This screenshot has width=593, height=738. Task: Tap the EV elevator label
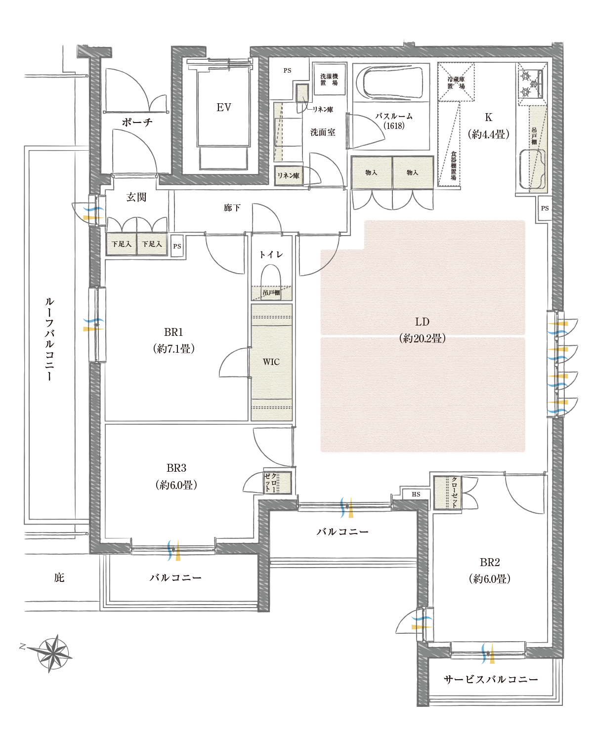224,107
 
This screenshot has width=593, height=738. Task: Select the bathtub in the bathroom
391,82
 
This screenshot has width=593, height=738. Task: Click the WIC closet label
271,362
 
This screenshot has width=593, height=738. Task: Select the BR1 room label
173,332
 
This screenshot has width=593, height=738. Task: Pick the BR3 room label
176,468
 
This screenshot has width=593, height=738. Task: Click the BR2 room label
489,563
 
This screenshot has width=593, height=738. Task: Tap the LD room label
422,322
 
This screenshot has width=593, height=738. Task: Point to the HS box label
416,494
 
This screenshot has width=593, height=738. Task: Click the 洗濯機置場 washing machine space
329,79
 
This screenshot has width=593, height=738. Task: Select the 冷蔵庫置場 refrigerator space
456,82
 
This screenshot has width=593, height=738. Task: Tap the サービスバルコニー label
491,679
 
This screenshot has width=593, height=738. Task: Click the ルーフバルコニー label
49,339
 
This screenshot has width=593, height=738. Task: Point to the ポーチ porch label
137,122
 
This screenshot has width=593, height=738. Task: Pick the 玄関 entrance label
136,197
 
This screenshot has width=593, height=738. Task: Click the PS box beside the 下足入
177,246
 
